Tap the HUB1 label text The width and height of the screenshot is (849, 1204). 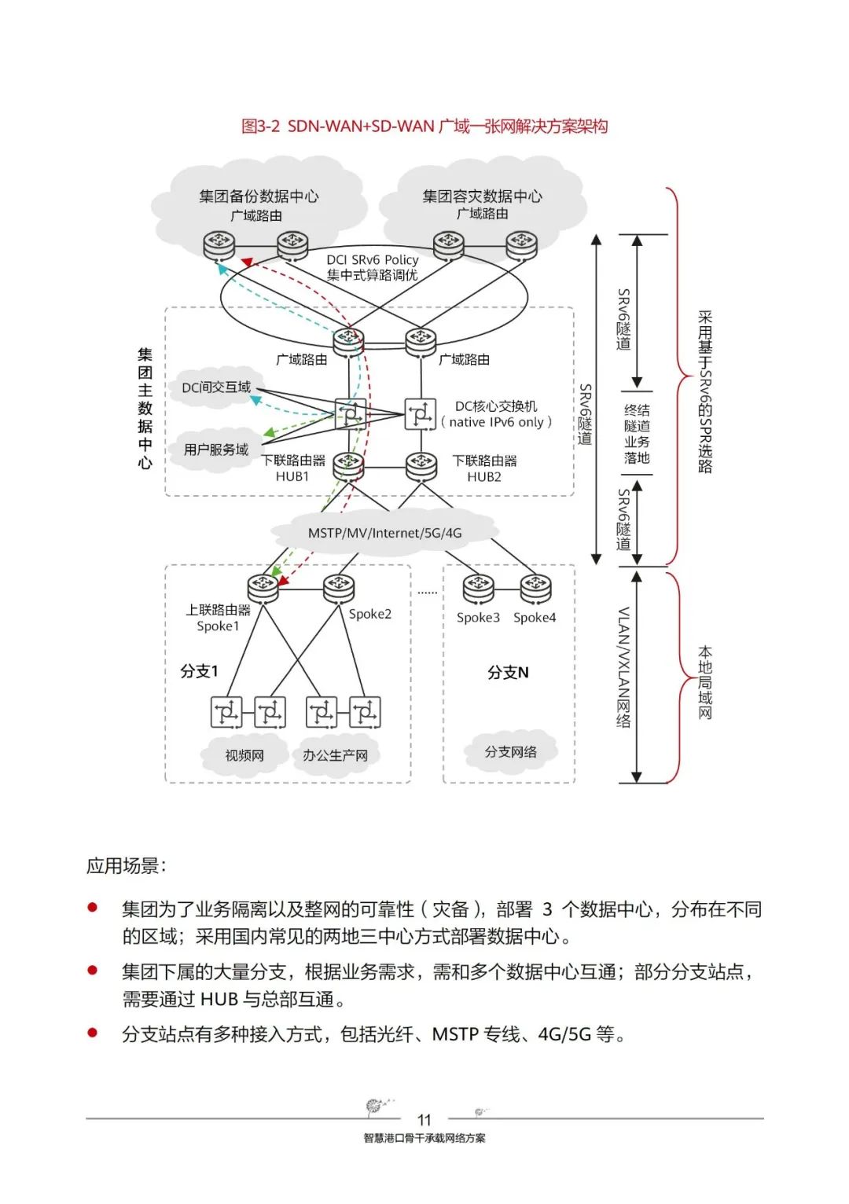pos(292,476)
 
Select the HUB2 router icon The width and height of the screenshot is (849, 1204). pos(421,465)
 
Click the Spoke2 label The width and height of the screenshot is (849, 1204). pos(369,614)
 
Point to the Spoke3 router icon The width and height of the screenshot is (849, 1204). pos(478,589)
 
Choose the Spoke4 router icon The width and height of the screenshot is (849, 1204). pos(535,589)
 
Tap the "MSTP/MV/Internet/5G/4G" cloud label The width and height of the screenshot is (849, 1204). pos(384,533)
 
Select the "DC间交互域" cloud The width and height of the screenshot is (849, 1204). pos(216,387)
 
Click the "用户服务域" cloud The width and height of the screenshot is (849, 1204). pos(216,450)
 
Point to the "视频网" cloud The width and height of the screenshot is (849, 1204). pos(244,755)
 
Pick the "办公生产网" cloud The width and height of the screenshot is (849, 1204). pos(335,755)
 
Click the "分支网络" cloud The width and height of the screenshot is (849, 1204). pos(511,752)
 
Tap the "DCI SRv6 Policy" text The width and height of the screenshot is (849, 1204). pos(373,259)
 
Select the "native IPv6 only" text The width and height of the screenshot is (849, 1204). pos(497,422)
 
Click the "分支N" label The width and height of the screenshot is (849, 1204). pos(508,673)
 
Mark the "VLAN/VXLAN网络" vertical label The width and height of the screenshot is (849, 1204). pos(623,667)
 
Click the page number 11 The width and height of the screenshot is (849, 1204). pos(424,1120)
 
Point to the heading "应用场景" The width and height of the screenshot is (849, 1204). pos(126,866)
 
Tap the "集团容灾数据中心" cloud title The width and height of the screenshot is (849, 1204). pos(482,196)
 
